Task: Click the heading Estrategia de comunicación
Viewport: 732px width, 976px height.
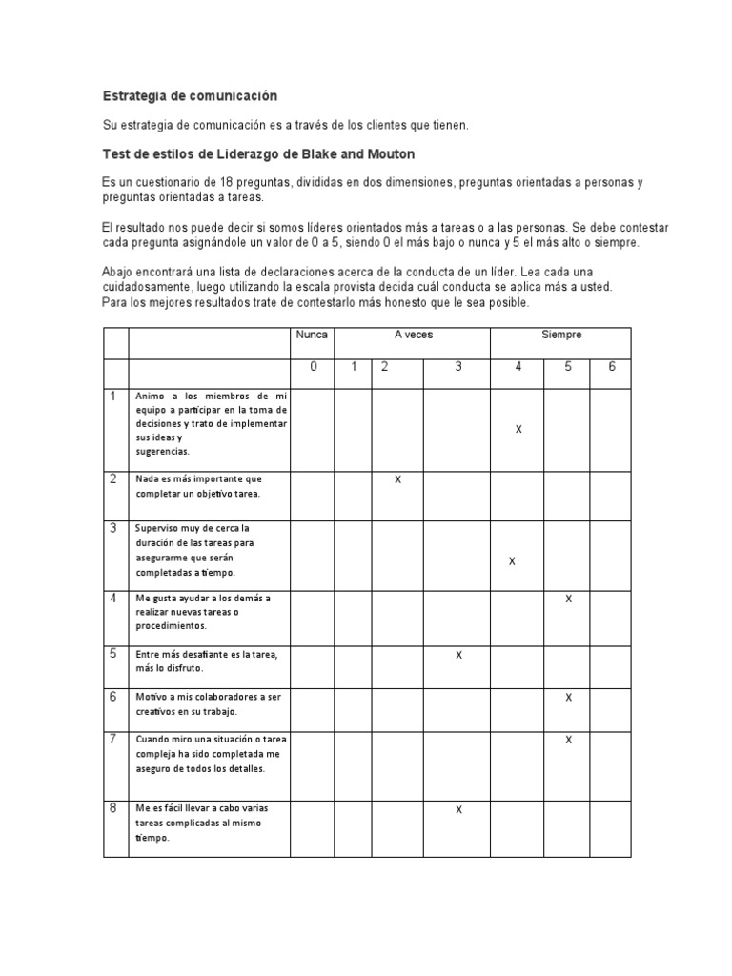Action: [189, 96]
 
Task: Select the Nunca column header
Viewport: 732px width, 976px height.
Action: [312, 335]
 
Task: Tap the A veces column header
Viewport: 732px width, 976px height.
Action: [413, 335]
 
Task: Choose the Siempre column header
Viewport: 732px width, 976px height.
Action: [560, 335]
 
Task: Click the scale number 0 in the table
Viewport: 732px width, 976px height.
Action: [313, 367]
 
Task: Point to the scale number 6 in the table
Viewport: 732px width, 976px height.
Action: [611, 367]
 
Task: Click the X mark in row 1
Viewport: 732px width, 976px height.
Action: [518, 429]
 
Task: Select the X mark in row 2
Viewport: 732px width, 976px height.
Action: [397, 479]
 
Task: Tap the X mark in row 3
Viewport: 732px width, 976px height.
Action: [512, 561]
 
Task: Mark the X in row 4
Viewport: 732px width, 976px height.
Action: [568, 599]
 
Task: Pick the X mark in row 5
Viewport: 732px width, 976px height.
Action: [458, 655]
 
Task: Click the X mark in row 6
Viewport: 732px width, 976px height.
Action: [568, 698]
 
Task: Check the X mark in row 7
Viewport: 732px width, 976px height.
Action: [568, 740]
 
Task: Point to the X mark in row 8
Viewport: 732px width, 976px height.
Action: [458, 810]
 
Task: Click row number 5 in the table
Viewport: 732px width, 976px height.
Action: [112, 654]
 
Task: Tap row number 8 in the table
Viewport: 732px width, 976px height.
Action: [112, 808]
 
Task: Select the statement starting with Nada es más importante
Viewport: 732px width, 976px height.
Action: [197, 486]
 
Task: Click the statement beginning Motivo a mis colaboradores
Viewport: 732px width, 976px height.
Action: [208, 703]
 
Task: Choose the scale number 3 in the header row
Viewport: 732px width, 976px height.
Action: [458, 367]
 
